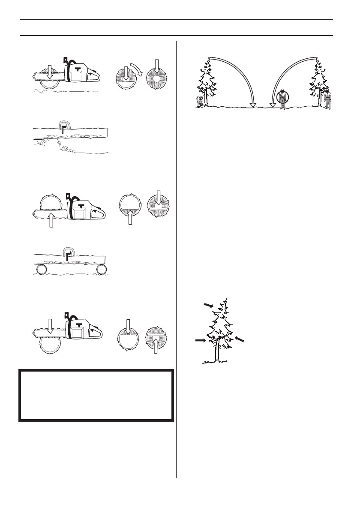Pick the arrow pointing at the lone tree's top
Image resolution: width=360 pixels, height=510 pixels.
tap(208, 305)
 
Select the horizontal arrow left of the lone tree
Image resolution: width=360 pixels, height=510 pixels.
tap(200, 340)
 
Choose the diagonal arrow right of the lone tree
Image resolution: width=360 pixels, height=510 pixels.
tap(240, 339)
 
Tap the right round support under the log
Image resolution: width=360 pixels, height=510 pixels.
tap(101, 269)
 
